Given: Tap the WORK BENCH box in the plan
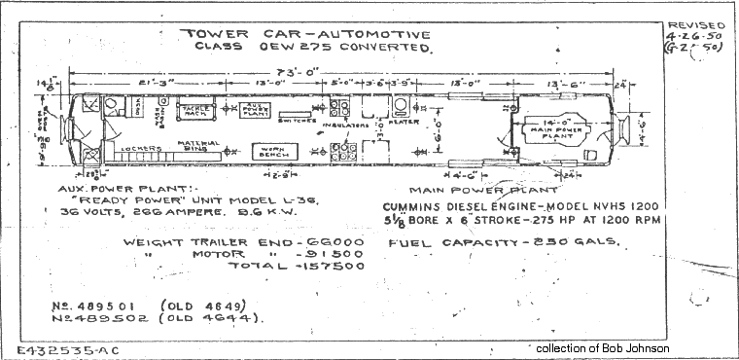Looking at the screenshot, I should tap(272, 152).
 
